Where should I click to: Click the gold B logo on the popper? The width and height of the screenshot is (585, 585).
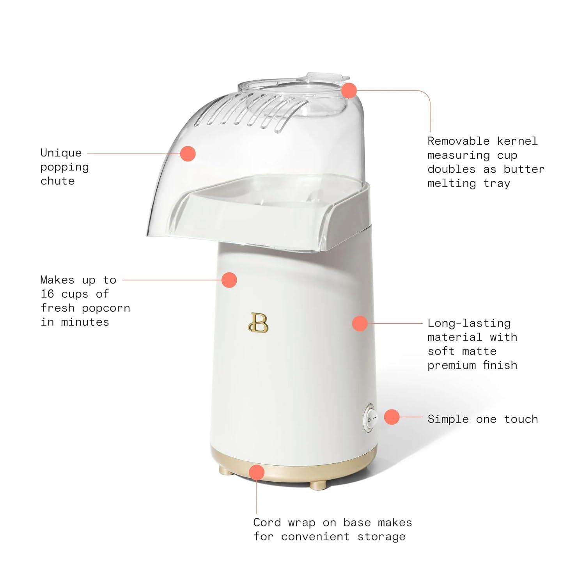pyautogui.click(x=258, y=323)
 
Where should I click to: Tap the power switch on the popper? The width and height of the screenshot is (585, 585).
pyautogui.click(x=370, y=419)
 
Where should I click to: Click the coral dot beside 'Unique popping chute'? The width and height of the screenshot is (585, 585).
pyautogui.click(x=188, y=154)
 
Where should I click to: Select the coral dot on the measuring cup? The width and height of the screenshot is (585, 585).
pyautogui.click(x=349, y=90)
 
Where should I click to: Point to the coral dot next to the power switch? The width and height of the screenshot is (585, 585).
pyautogui.click(x=392, y=417)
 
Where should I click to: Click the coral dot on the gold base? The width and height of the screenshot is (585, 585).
pyautogui.click(x=257, y=472)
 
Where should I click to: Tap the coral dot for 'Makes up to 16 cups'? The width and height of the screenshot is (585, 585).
pyautogui.click(x=229, y=280)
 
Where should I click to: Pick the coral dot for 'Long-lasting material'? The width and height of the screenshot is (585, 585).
pyautogui.click(x=360, y=323)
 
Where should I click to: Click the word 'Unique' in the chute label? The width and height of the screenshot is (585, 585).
pyautogui.click(x=61, y=153)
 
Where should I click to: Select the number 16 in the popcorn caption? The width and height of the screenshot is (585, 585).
pyautogui.click(x=47, y=294)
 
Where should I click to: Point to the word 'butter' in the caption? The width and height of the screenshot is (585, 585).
pyautogui.click(x=524, y=169)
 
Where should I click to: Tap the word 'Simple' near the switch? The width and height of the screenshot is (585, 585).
pyautogui.click(x=448, y=419)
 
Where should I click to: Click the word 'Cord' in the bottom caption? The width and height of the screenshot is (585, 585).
pyautogui.click(x=267, y=522)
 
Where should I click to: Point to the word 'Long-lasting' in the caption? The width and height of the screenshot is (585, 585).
pyautogui.click(x=469, y=323)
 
